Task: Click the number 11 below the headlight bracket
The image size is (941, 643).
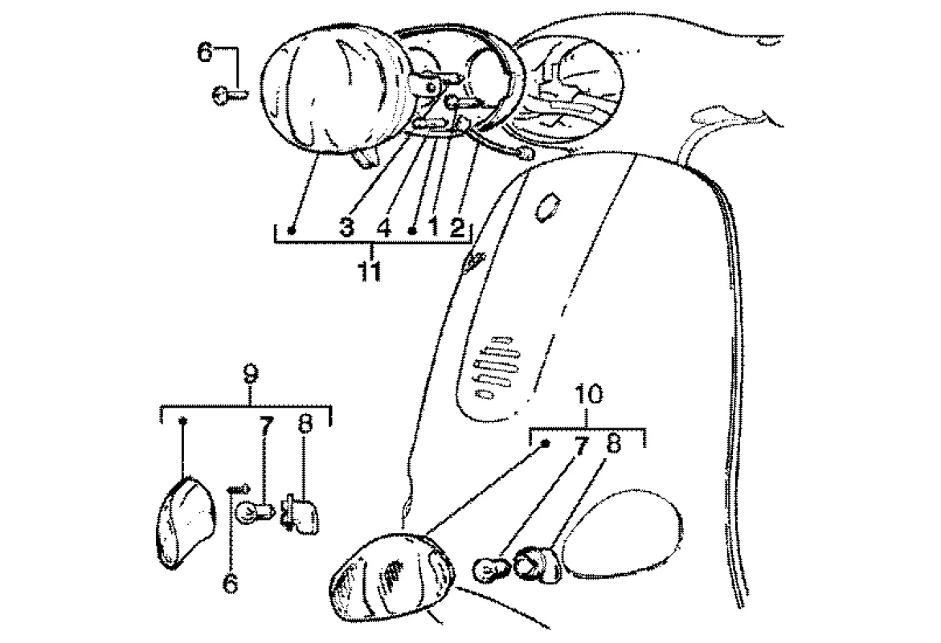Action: [x=370, y=271]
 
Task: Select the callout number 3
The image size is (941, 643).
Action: [x=346, y=228]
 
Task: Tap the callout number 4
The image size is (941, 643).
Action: [x=383, y=228]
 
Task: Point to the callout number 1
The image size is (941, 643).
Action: [x=434, y=228]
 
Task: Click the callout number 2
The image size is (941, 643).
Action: [x=456, y=228]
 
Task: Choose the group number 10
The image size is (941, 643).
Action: [x=587, y=395]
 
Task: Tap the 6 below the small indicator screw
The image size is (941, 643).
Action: [x=231, y=583]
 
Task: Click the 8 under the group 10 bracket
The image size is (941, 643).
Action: [x=613, y=444]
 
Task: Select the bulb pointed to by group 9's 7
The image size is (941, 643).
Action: [x=251, y=513]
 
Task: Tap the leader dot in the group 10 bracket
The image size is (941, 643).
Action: [x=546, y=443]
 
